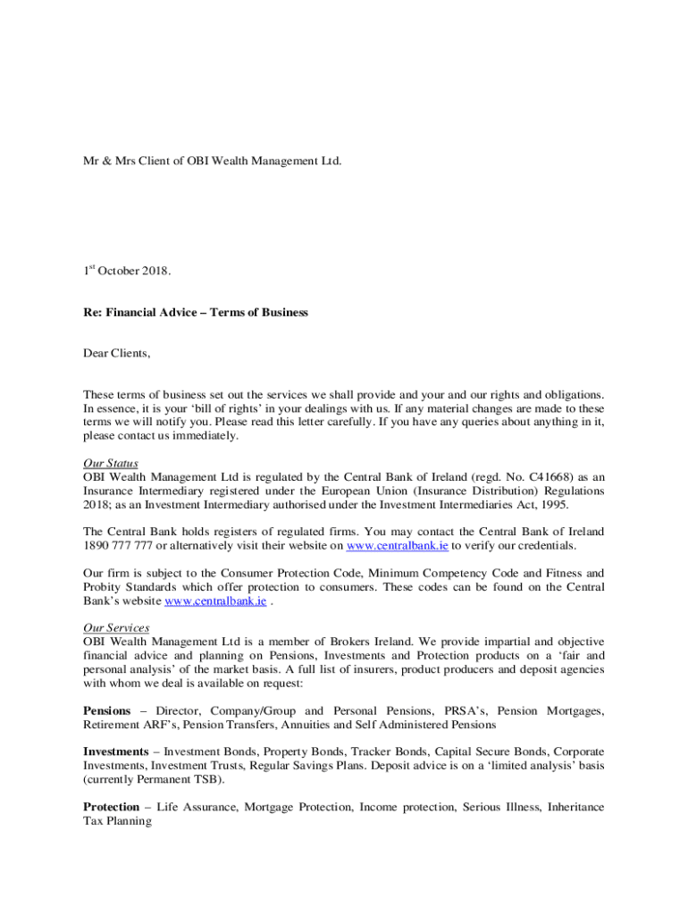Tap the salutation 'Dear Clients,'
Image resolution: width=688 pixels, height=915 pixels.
coord(117,354)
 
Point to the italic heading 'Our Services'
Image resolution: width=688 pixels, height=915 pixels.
coord(116,628)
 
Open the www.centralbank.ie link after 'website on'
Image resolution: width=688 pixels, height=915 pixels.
coord(397,545)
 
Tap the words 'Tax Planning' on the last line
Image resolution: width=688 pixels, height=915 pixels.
coord(117,821)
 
